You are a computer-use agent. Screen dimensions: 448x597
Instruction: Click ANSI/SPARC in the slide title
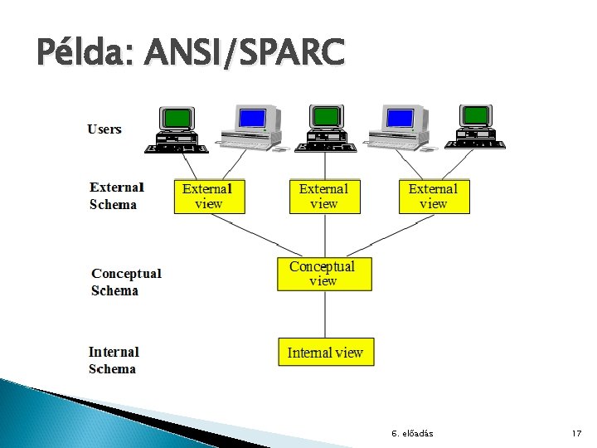click(245, 54)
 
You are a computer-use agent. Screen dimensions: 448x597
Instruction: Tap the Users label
click(104, 129)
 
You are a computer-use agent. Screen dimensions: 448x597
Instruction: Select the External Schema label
click(116, 196)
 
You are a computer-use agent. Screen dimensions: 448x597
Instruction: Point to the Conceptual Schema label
click(126, 281)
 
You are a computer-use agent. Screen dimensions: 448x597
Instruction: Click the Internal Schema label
click(114, 360)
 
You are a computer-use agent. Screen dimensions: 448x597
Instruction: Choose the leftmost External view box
click(207, 197)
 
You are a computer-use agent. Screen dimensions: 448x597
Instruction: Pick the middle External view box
click(324, 197)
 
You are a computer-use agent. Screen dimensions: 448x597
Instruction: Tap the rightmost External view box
click(434, 197)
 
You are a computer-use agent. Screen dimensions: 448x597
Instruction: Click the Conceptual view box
click(324, 274)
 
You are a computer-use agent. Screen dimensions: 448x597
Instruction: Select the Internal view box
click(325, 353)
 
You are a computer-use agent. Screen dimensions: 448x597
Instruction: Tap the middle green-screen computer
click(327, 129)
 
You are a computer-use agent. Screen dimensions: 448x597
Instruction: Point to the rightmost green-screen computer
click(476, 128)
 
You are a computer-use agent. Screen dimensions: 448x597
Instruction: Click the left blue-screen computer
click(250, 127)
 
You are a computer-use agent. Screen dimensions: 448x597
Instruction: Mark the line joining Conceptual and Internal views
click(324, 314)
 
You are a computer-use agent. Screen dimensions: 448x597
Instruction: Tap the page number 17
click(577, 434)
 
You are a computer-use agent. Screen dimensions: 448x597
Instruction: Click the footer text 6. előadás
click(412, 434)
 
